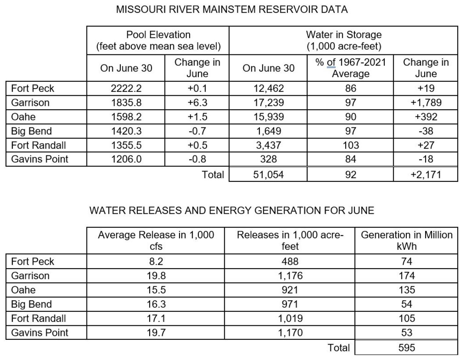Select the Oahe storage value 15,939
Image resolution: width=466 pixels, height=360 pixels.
point(268,117)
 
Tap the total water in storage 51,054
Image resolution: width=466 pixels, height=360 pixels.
point(268,175)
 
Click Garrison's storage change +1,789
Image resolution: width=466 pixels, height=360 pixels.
point(425,103)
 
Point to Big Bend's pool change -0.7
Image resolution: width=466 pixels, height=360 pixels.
point(197,131)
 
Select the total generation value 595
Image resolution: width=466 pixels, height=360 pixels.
point(406,348)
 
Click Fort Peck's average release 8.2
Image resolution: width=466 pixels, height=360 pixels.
point(156,262)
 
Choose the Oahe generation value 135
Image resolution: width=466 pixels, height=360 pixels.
point(406,290)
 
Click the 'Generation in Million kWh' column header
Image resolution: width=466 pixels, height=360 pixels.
point(406,241)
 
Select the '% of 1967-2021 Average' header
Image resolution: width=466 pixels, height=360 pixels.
point(350,68)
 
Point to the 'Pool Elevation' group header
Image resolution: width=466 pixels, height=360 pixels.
point(158,40)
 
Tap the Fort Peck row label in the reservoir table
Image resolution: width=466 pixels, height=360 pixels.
point(33,88)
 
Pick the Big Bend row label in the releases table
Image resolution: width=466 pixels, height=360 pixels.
point(32,304)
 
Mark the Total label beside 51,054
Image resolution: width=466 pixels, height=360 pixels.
point(213,175)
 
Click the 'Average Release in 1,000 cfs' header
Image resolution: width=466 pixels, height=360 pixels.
point(156,241)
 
